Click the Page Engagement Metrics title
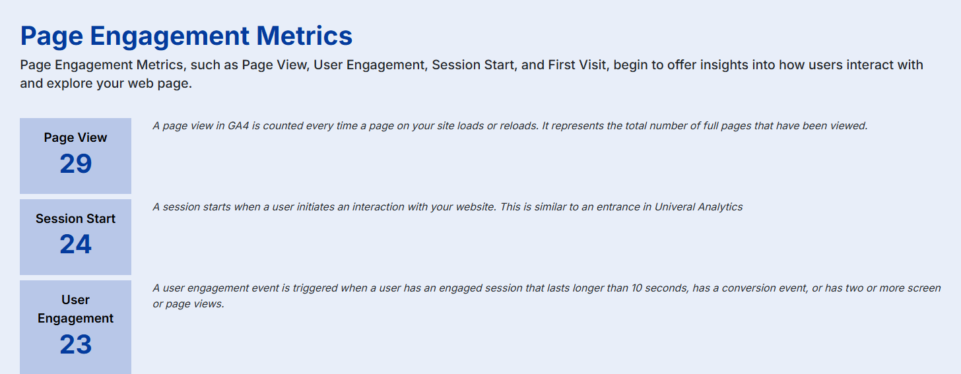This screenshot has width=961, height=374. tap(186, 36)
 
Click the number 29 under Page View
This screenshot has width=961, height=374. tap(75, 164)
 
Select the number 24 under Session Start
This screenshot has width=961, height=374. tap(75, 245)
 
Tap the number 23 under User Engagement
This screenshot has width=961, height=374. tap(75, 344)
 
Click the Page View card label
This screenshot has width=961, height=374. tap(75, 138)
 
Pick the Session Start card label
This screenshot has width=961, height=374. tap(75, 219)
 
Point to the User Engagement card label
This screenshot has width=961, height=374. tap(75, 309)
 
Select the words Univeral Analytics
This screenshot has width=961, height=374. tap(698, 207)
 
